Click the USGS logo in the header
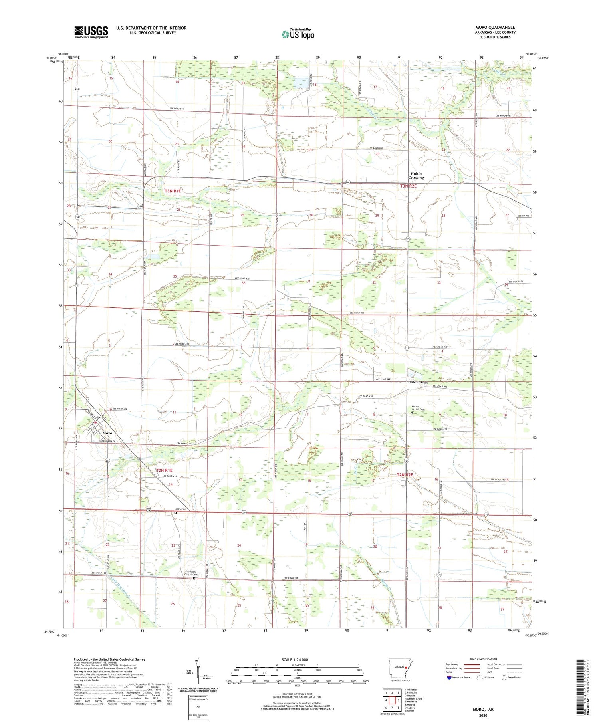tap(91, 32)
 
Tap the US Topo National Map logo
tap(298, 34)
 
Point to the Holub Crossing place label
tap(416, 175)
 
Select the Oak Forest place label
tap(418, 382)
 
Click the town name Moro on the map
tap(107, 433)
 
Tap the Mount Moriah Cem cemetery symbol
tap(412, 413)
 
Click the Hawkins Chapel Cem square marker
tap(194, 578)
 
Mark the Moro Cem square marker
tap(175, 513)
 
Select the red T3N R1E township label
tap(173, 191)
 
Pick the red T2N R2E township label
tap(405, 475)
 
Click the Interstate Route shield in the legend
tap(449, 678)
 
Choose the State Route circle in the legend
tap(504, 678)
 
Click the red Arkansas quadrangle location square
tap(406, 667)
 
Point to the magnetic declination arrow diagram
tap(198, 672)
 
